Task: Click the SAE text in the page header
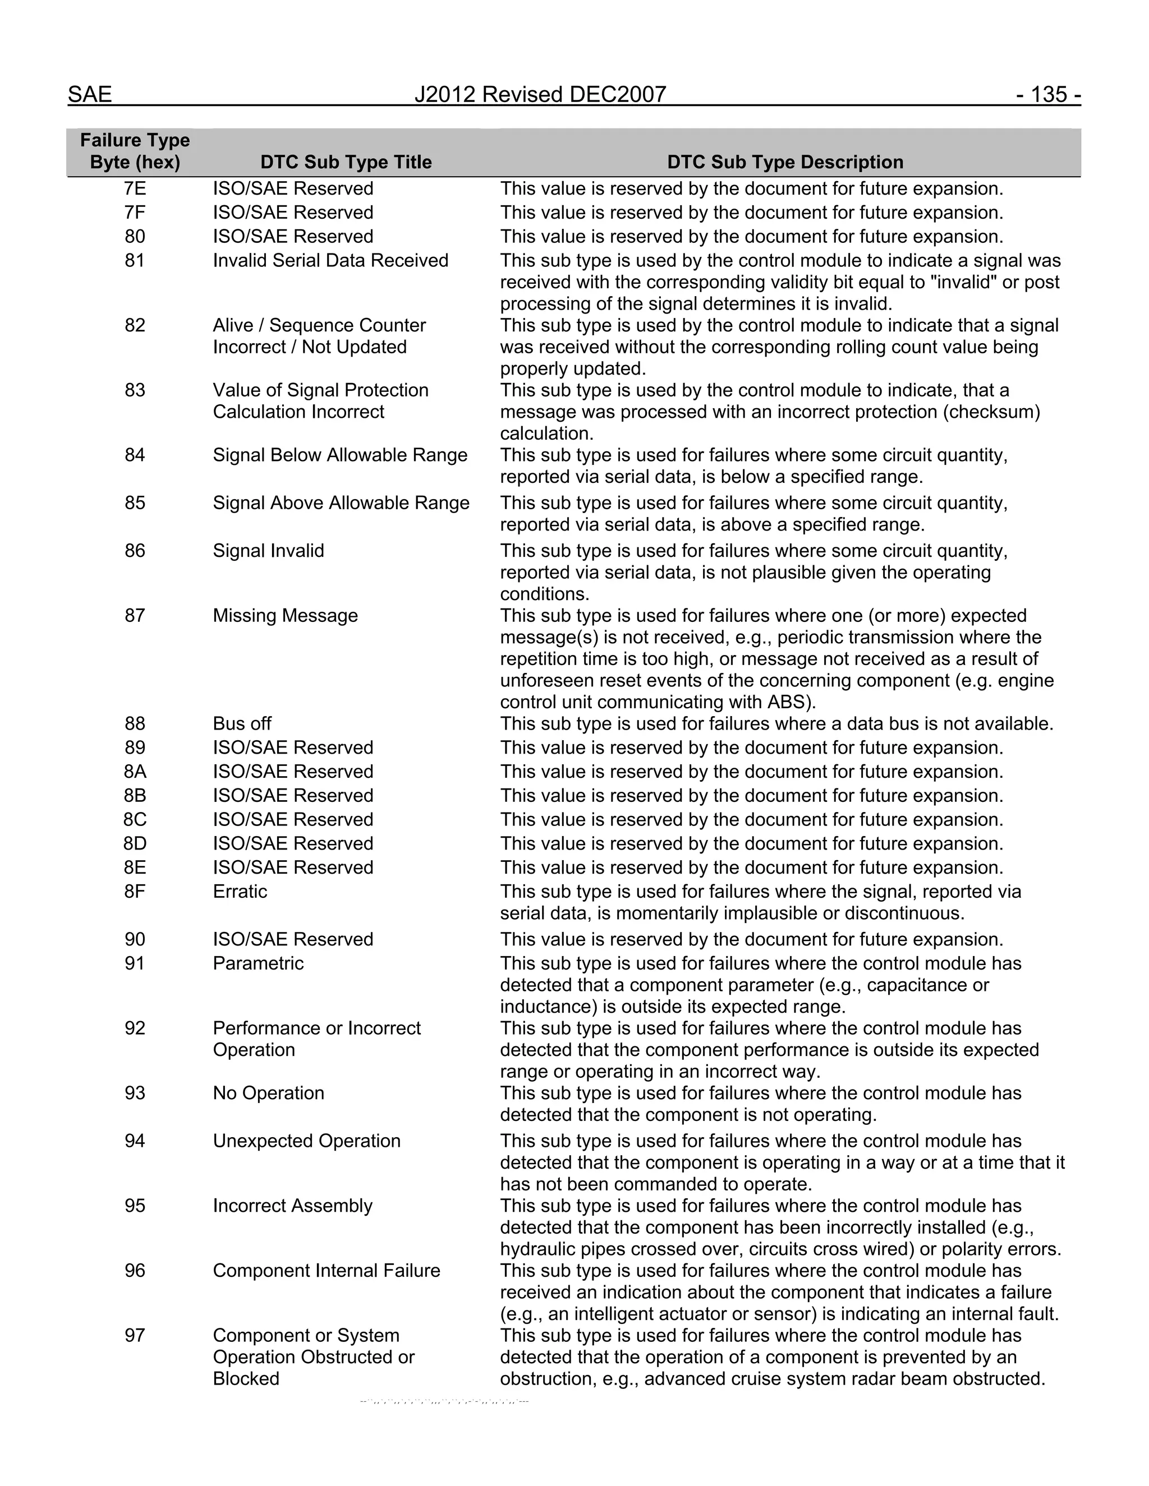(x=89, y=95)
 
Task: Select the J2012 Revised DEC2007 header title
(x=540, y=95)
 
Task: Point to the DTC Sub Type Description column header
(x=785, y=162)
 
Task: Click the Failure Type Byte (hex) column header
(x=135, y=151)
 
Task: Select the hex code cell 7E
(x=135, y=188)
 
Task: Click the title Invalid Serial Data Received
(x=330, y=261)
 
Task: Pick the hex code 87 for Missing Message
(x=135, y=616)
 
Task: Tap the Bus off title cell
(x=242, y=724)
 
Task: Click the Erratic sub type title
(x=240, y=892)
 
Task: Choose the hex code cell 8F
(x=135, y=892)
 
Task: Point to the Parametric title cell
(x=258, y=963)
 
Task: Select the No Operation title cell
(x=268, y=1093)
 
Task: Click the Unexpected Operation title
(x=306, y=1141)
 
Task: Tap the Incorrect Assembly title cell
(x=293, y=1206)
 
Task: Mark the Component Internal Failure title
(x=326, y=1270)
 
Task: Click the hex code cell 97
(x=135, y=1335)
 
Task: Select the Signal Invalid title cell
(x=268, y=551)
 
